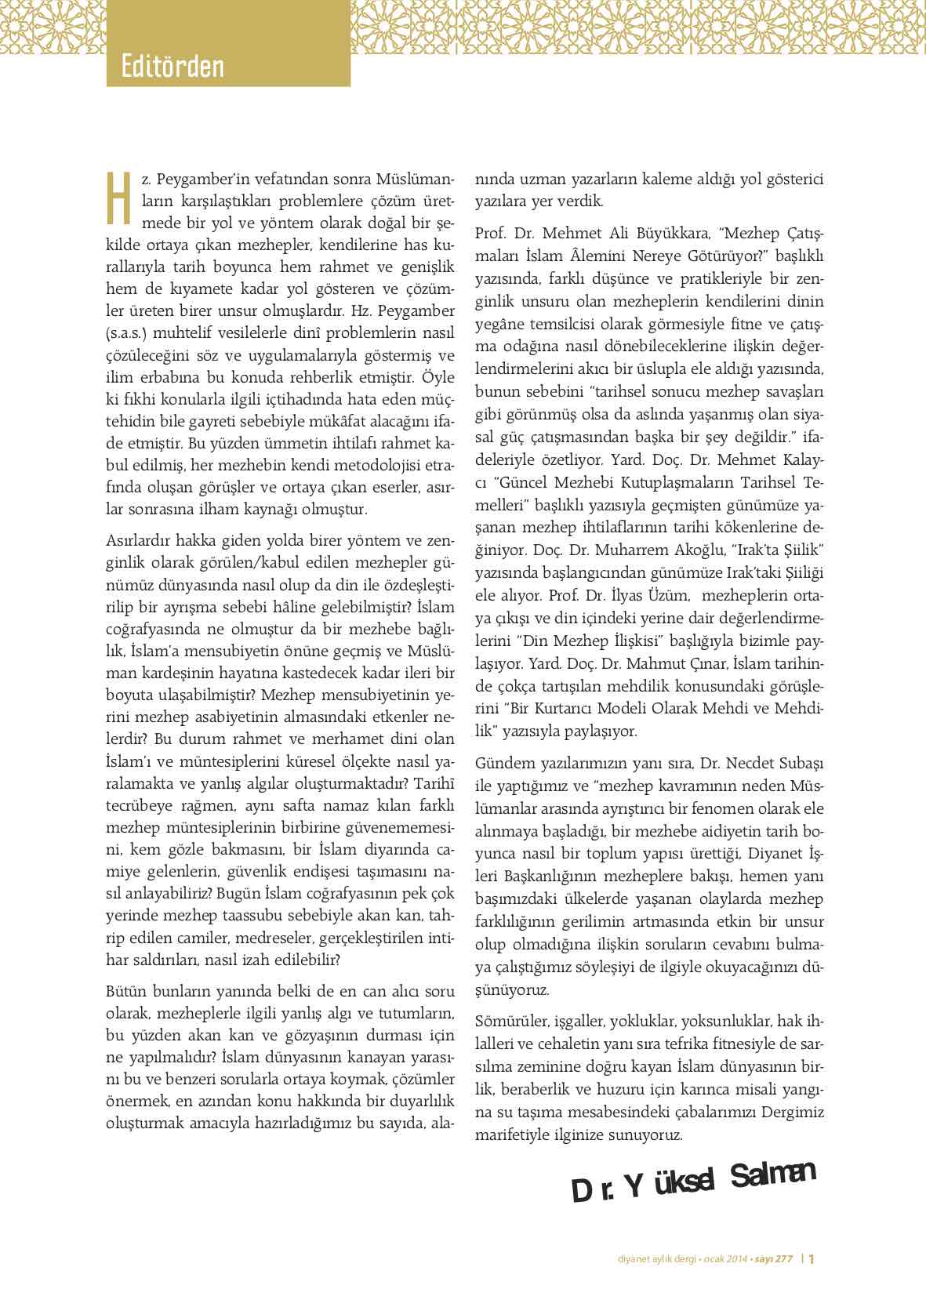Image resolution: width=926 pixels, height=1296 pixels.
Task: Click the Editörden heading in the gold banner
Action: click(172, 66)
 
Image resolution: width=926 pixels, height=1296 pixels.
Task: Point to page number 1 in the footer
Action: click(812, 1259)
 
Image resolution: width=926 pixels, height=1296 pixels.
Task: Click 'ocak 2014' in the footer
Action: click(724, 1260)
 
